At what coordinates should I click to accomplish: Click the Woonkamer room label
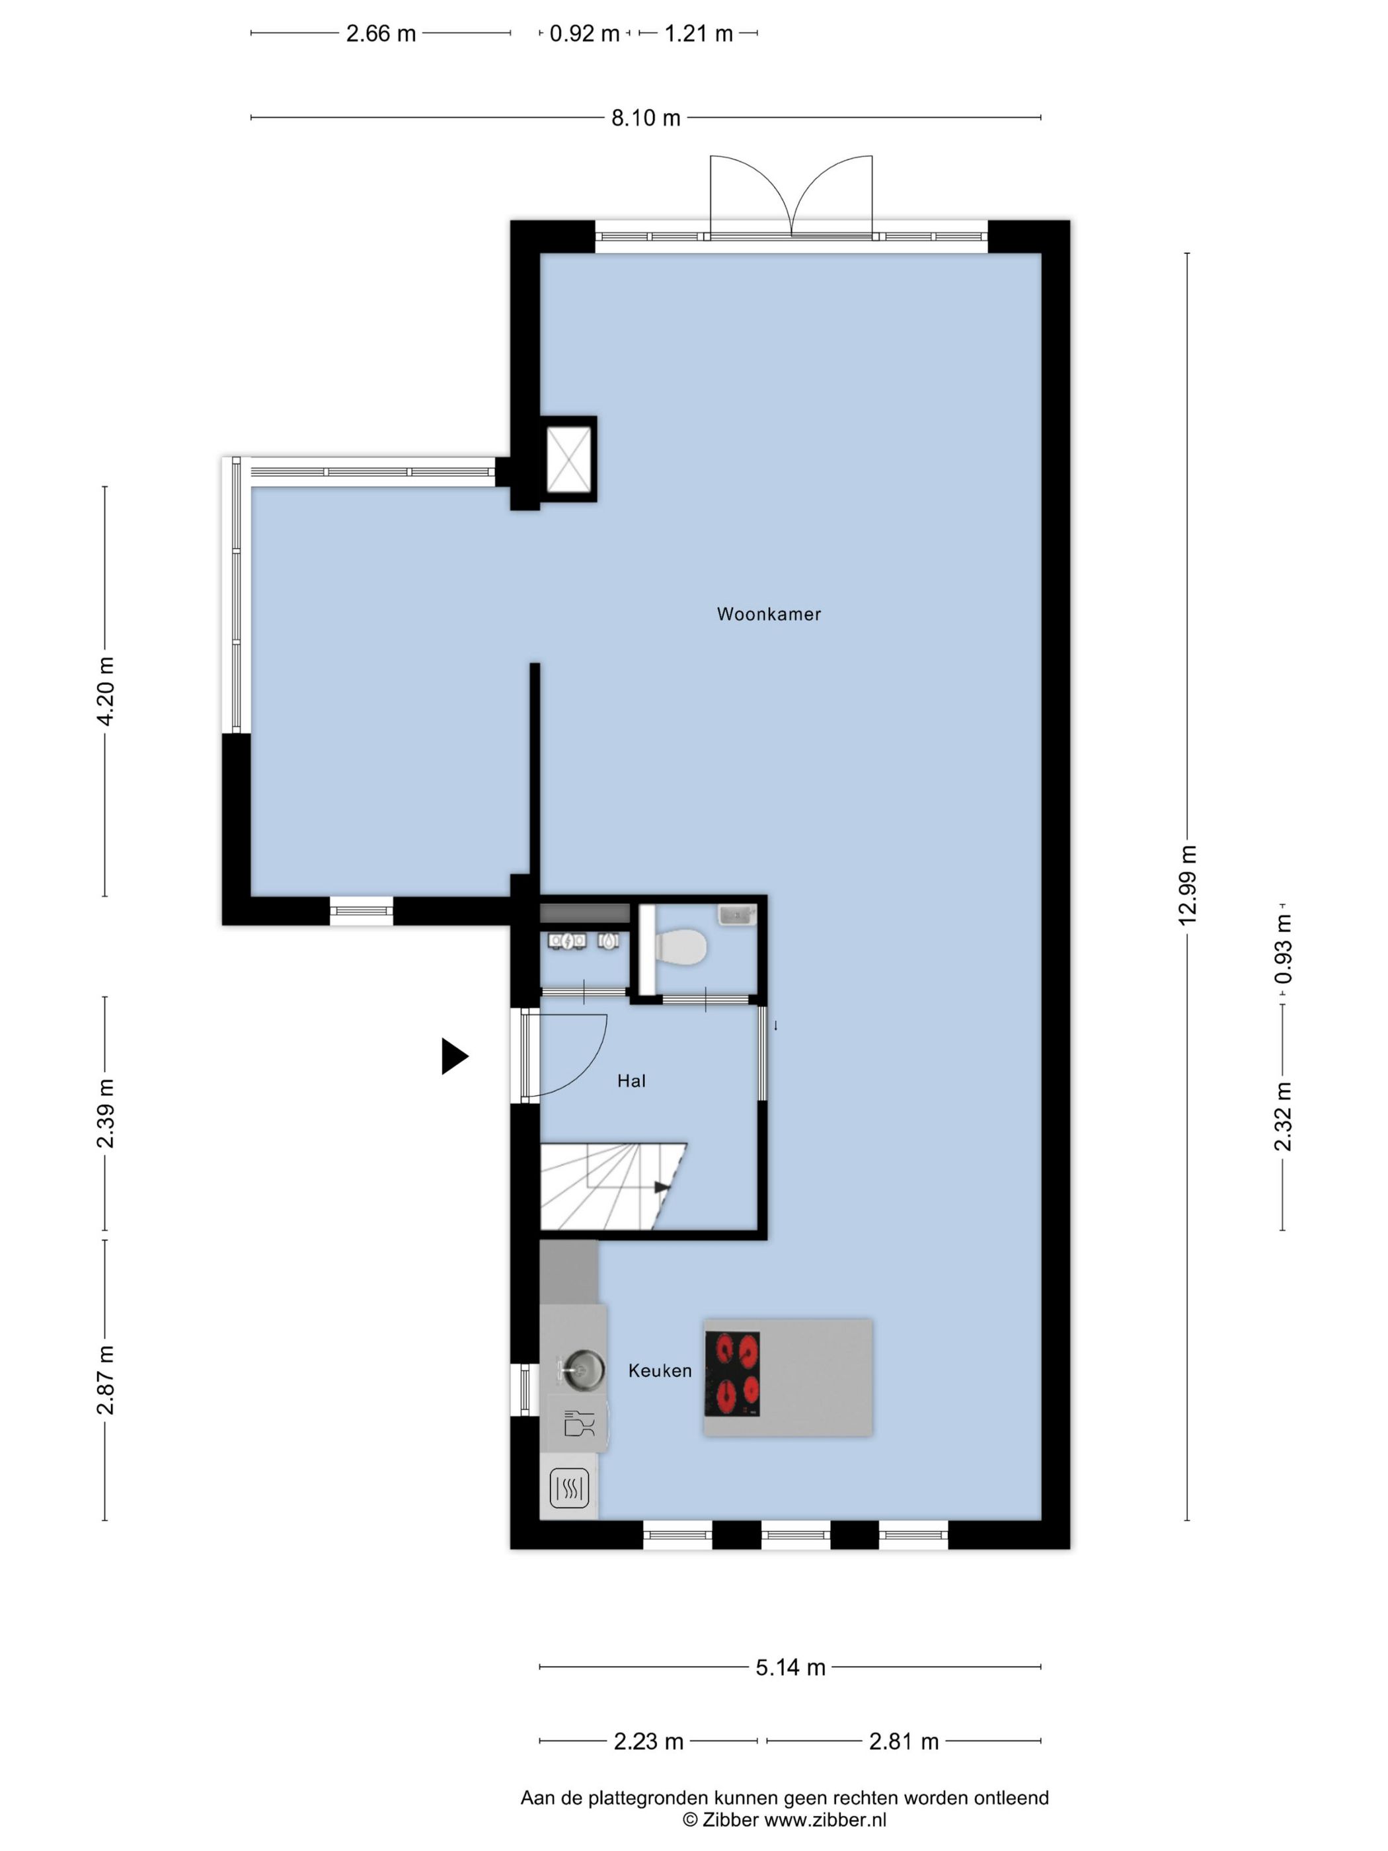(x=768, y=614)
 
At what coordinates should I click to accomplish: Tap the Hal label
(x=631, y=1081)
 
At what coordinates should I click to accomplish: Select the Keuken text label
(x=659, y=1370)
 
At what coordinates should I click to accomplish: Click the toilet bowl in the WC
(x=682, y=948)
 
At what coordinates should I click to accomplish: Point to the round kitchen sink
(x=583, y=1370)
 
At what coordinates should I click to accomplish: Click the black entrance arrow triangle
(x=453, y=1056)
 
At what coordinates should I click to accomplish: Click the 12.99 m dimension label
(x=1187, y=885)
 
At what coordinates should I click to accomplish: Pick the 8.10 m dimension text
(x=645, y=118)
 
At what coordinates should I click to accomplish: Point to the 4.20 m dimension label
(x=105, y=691)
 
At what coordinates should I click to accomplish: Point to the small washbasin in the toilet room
(x=736, y=916)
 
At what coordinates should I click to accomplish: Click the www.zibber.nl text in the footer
(x=825, y=1819)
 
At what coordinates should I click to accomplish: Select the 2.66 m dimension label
(x=381, y=34)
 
